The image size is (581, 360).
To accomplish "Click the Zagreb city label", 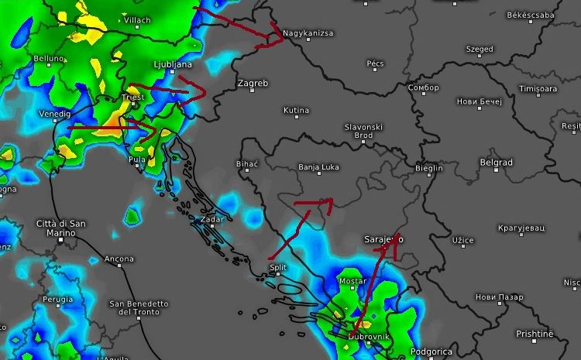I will tap(253, 83).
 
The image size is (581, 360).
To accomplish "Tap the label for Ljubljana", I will tap(173, 64).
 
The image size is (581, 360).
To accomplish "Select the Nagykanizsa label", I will tap(308, 33).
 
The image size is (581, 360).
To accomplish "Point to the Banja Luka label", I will tap(318, 166).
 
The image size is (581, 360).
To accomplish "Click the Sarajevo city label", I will tap(383, 239).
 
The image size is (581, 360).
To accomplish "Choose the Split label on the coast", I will tap(277, 267).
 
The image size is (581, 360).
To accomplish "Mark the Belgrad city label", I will tap(496, 163).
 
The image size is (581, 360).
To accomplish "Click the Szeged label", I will tap(480, 49).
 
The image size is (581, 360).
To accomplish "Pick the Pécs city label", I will tap(376, 63).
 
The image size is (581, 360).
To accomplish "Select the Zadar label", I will tap(211, 219).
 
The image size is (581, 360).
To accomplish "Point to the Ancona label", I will tap(119, 259).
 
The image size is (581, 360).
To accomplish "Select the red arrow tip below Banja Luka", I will tap(331, 202).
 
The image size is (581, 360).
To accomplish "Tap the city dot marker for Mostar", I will tap(352, 290).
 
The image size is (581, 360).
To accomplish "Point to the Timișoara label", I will tap(538, 89).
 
